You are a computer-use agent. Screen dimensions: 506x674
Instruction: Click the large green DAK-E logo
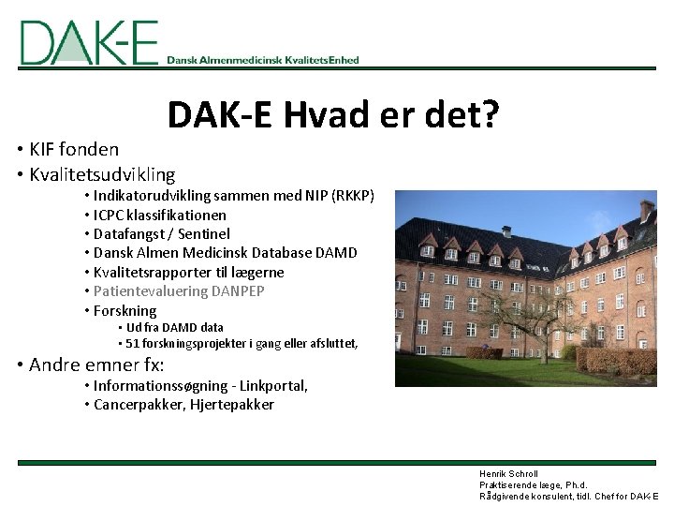89,42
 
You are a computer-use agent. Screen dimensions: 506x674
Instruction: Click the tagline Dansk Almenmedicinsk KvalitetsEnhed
263,60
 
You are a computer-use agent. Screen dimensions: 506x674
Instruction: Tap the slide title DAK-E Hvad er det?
332,117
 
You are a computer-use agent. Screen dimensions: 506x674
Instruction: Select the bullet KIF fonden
74,149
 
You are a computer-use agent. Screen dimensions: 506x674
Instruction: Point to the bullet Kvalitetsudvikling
102,174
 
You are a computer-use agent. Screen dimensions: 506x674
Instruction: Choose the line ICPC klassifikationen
160,215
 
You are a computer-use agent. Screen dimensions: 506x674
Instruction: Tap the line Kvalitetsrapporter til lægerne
188,273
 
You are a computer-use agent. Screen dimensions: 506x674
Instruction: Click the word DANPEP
239,291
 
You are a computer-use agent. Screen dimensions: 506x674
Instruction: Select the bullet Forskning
125,311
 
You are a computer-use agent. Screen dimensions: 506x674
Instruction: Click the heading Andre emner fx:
96,365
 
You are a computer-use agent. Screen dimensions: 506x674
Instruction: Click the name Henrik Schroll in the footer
508,474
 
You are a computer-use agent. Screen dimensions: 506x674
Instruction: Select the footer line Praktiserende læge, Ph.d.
533,485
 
